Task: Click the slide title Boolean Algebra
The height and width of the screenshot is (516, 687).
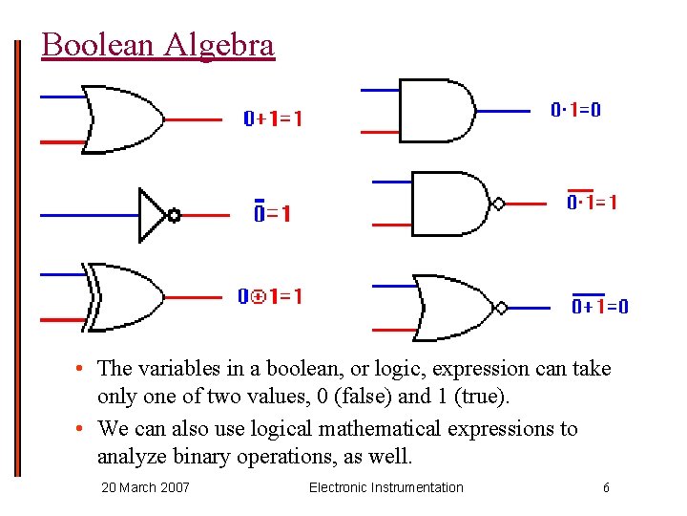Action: (157, 45)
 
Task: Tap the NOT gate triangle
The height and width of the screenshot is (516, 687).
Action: (152, 215)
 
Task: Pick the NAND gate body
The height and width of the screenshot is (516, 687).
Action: (449, 204)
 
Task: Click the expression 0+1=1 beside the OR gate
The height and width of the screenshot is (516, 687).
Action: (273, 119)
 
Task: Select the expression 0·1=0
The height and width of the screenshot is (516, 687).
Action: (576, 110)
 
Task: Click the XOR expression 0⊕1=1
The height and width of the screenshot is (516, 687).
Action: (270, 297)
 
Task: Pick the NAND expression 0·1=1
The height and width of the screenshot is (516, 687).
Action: (592, 203)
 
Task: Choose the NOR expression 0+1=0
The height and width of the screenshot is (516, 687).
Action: (599, 306)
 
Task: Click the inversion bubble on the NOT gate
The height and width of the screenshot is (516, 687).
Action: (174, 215)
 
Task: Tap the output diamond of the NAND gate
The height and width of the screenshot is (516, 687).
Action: (498, 204)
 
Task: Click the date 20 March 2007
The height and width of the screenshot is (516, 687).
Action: (145, 487)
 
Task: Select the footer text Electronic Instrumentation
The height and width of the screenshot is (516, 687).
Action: (385, 487)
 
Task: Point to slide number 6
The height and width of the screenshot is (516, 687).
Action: (606, 487)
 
